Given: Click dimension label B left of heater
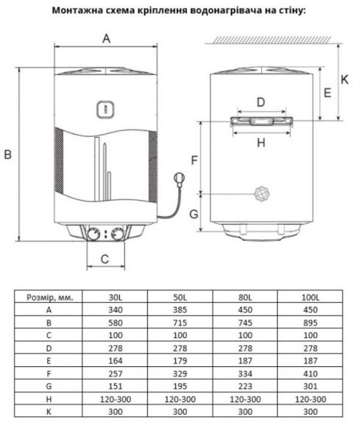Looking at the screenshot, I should coord(8,154).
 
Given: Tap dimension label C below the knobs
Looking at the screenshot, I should coord(105,258).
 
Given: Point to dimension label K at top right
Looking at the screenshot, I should coord(346,77).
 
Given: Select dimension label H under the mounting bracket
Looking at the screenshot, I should coord(261,143).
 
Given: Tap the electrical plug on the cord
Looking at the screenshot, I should coord(178,178).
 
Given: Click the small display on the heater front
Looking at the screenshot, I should coord(105,108).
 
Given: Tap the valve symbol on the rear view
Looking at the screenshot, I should coord(260,194).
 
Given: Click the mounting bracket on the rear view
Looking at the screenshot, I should coord(261,122).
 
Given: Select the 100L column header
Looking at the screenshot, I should coord(311,297).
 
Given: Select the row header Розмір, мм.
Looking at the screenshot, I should coord(49,297).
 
